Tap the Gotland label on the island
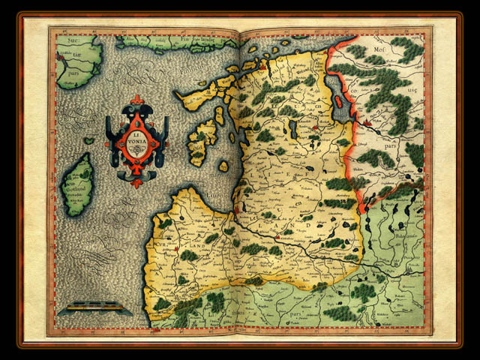tap(78, 185)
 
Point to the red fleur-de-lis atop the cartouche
tap(136, 100)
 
